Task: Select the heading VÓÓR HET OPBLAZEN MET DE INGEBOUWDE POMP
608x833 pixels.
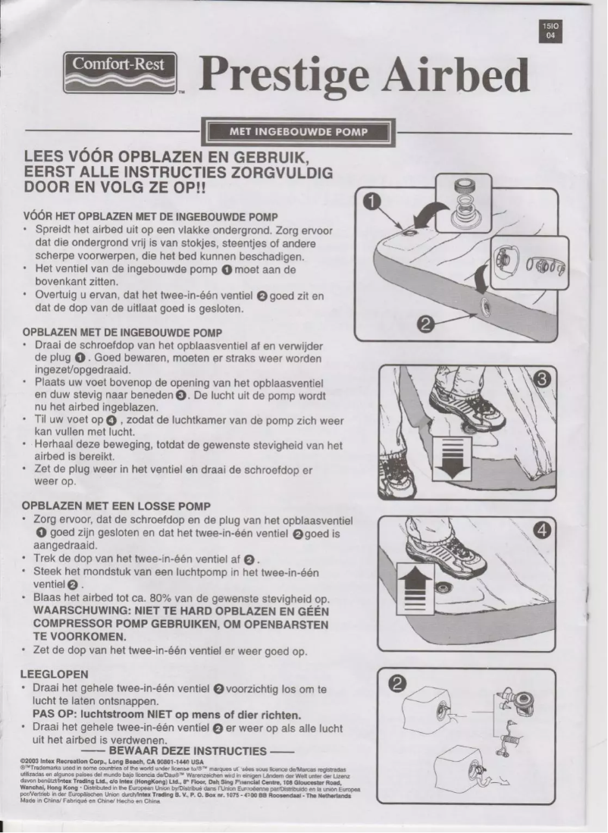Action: [149, 216]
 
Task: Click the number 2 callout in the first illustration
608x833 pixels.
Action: [425, 325]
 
